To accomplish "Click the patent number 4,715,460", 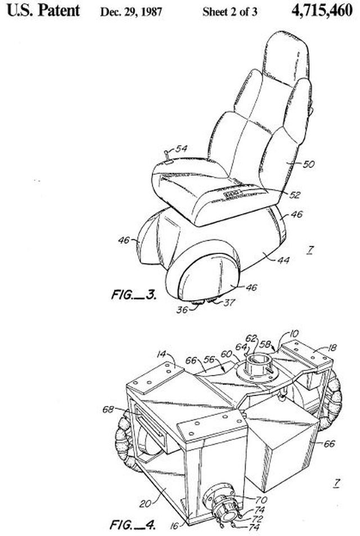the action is (x=322, y=10).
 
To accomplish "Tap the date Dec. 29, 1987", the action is (x=131, y=12).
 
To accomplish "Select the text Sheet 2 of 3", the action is (x=229, y=12).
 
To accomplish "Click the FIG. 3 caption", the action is (x=134, y=294).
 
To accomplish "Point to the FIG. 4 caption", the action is (x=133, y=524).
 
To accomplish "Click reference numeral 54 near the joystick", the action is (x=181, y=149).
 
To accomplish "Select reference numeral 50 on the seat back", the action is (x=308, y=164).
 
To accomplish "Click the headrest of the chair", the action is (x=286, y=58).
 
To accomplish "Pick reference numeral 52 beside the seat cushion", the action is (x=294, y=195).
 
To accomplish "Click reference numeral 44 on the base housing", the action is (x=283, y=261).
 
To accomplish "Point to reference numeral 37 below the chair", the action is (x=229, y=302).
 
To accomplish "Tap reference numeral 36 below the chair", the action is (x=182, y=310).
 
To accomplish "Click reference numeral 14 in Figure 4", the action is (x=161, y=354).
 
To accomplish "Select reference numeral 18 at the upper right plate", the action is (x=332, y=347).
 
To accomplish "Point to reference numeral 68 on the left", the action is (x=108, y=409).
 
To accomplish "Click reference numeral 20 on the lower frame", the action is (x=146, y=503).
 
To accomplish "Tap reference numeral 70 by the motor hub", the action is (x=262, y=501).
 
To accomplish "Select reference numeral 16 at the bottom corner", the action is (x=174, y=526).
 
